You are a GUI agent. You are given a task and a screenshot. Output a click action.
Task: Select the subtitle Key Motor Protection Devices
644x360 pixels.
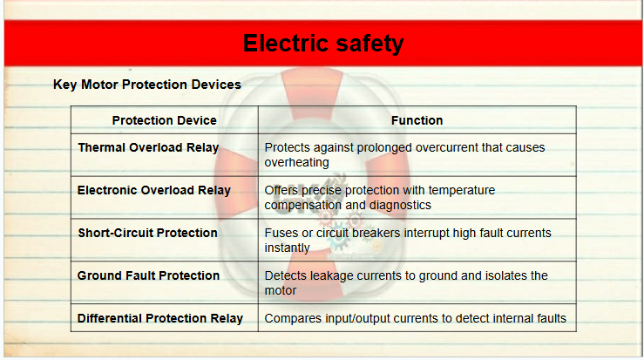147,85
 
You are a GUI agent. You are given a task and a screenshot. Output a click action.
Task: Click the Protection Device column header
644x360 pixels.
165,120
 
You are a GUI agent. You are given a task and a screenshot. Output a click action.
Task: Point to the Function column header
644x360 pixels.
417,120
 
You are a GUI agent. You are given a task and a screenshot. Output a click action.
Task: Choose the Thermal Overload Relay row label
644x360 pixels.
148,147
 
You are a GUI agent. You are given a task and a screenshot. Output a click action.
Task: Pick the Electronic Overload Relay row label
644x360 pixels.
154,190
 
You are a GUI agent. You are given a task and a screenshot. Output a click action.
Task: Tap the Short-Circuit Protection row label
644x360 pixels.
147,233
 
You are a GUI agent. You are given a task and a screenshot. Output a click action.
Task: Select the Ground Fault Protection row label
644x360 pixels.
148,275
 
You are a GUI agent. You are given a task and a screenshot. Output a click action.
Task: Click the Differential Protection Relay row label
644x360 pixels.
160,318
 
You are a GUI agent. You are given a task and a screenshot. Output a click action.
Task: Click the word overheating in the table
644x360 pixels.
296,163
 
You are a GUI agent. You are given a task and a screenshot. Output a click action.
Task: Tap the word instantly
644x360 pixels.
287,248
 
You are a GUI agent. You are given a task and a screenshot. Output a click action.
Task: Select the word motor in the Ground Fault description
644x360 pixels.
281,290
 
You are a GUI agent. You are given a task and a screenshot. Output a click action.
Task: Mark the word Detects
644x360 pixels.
286,275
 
